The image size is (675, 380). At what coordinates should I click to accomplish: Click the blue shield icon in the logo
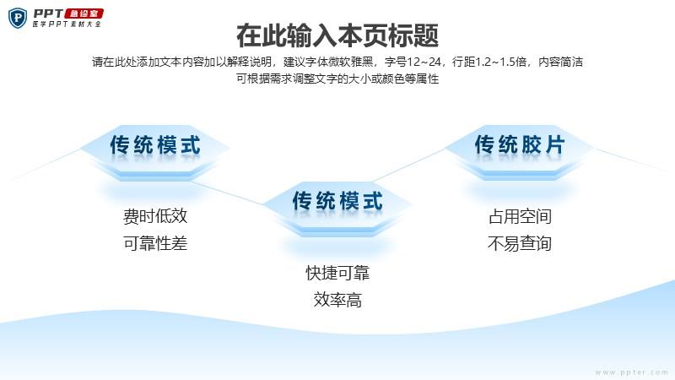pyautogui.click(x=18, y=18)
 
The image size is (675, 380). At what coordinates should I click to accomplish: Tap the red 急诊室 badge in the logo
pyautogui.click(x=84, y=14)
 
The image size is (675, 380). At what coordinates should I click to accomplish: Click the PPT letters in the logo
pyautogui.click(x=48, y=14)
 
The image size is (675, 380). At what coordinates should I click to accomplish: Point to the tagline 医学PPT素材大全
pyautogui.click(x=67, y=24)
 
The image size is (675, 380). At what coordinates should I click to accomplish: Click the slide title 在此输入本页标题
pyautogui.click(x=337, y=35)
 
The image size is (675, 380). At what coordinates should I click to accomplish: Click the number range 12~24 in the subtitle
pyautogui.click(x=424, y=62)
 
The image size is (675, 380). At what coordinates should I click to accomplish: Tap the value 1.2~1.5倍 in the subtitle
pyautogui.click(x=500, y=62)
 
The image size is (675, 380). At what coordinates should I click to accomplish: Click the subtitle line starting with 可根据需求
pyautogui.click(x=337, y=79)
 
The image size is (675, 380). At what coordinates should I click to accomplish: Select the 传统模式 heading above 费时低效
pyautogui.click(x=155, y=144)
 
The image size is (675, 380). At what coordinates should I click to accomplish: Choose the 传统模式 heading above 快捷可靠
pyautogui.click(x=337, y=201)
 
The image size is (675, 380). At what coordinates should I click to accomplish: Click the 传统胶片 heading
pyautogui.click(x=520, y=144)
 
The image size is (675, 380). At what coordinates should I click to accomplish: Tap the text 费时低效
pyautogui.click(x=155, y=216)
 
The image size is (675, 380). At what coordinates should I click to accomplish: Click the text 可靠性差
pyautogui.click(x=155, y=243)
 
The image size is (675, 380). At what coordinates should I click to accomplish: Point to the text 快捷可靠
pyautogui.click(x=337, y=273)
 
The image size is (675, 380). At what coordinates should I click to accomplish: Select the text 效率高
pyautogui.click(x=337, y=300)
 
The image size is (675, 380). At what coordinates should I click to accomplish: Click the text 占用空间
pyautogui.click(x=520, y=216)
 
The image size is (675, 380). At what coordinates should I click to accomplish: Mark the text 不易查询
pyautogui.click(x=520, y=243)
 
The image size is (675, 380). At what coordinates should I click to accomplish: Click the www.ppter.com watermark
pyautogui.click(x=631, y=372)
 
